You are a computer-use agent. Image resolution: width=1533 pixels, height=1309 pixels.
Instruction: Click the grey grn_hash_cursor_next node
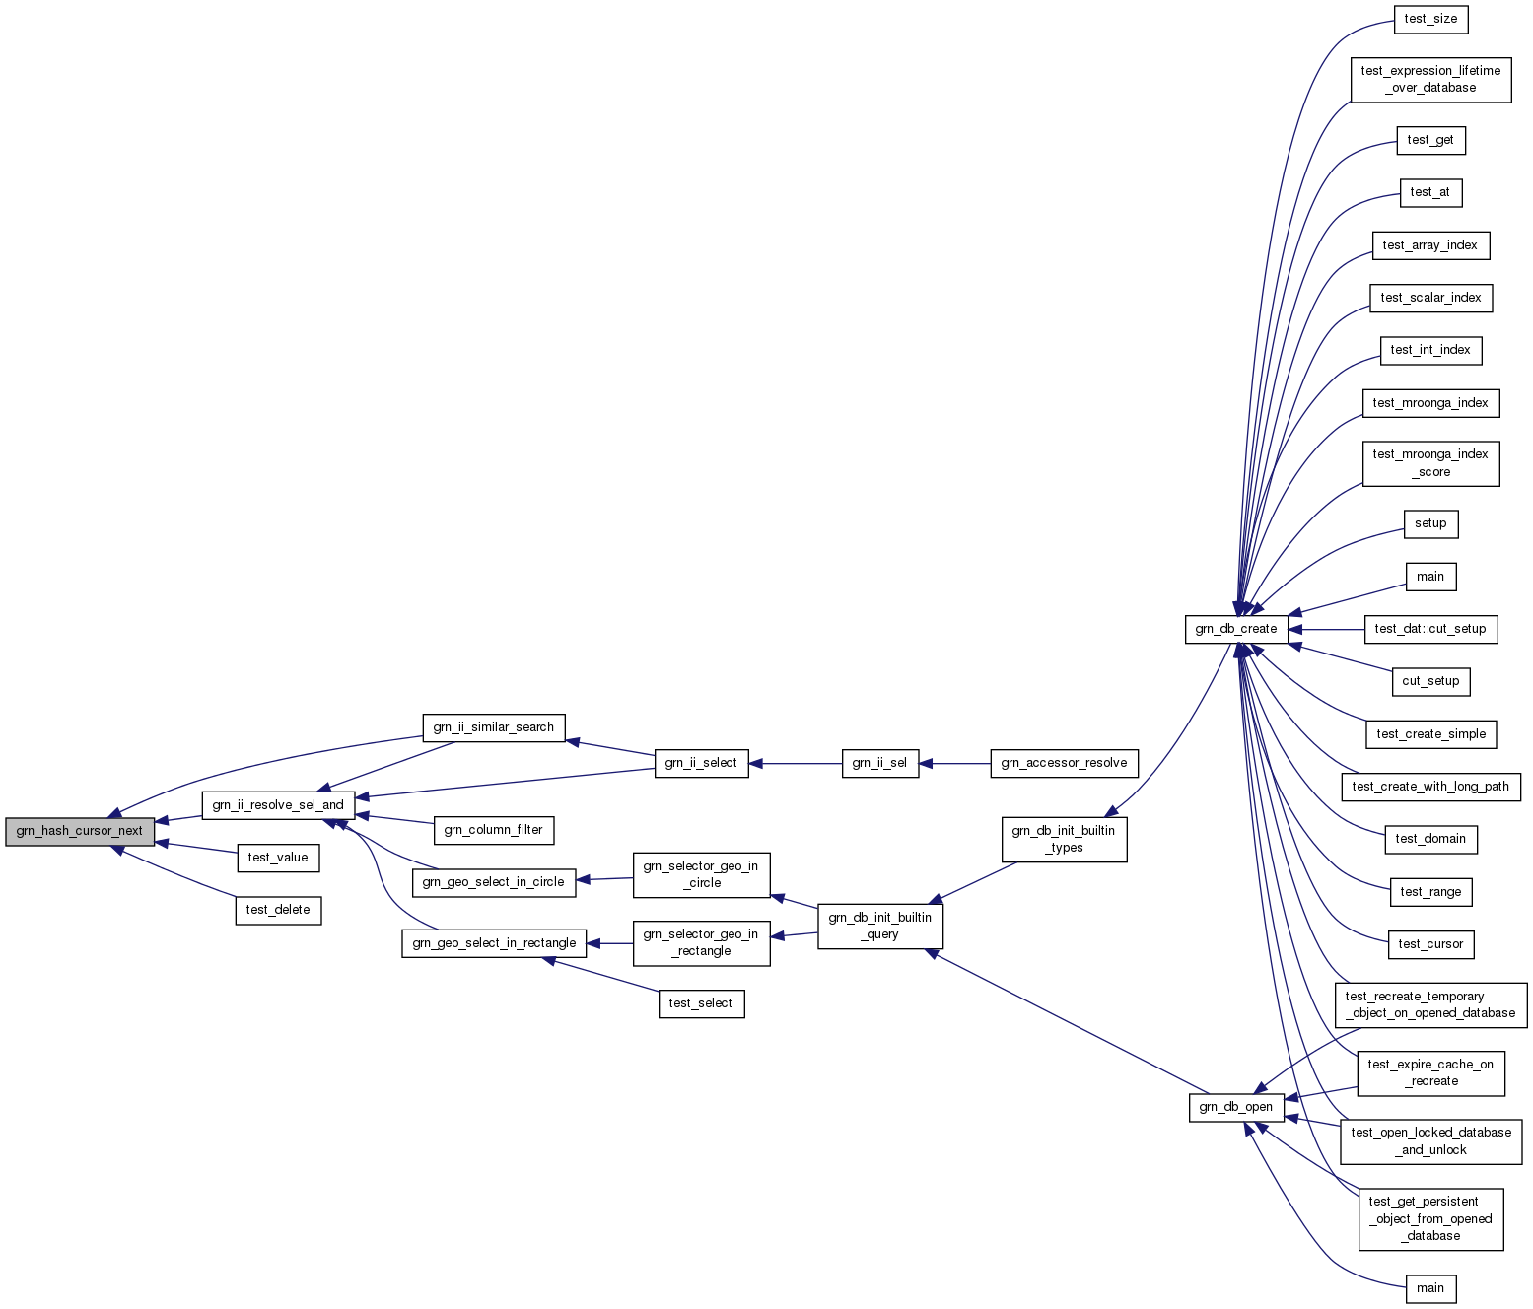(80, 831)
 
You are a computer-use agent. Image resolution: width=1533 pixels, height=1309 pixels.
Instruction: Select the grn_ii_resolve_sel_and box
(278, 805)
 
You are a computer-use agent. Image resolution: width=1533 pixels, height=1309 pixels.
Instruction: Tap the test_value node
(278, 858)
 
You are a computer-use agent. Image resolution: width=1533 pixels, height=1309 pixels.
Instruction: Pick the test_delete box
(278, 910)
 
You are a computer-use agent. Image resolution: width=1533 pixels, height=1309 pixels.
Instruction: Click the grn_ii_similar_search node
(494, 727)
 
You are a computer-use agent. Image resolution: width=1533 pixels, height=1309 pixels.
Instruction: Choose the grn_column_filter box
(493, 830)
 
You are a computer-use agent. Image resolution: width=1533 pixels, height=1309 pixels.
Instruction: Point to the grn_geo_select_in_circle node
(493, 882)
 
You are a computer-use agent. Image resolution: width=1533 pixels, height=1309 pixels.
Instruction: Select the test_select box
(701, 1003)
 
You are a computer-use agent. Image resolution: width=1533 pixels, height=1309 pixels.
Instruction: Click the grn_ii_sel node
(879, 763)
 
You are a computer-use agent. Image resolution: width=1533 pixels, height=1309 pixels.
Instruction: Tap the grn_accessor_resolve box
(1064, 763)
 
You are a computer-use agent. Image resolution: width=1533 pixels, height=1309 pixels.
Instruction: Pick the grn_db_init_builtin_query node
(879, 926)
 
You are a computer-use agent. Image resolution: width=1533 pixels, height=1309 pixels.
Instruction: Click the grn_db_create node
(1236, 629)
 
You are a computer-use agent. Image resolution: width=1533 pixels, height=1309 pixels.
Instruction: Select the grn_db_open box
(1236, 1107)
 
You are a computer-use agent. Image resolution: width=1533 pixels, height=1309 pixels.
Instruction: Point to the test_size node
(1430, 19)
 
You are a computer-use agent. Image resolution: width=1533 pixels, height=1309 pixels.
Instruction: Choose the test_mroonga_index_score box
(1430, 463)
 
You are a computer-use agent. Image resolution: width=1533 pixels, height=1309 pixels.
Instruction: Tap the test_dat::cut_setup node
(1430, 629)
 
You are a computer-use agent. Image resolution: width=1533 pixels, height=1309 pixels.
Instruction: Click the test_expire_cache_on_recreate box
(1430, 1072)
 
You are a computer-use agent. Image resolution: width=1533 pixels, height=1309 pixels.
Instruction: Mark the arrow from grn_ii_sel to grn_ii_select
(796, 763)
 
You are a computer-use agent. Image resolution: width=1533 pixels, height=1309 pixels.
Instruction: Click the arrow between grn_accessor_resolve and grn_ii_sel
(954, 763)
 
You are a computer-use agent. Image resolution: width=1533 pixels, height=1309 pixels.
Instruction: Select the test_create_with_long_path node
(1430, 787)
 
